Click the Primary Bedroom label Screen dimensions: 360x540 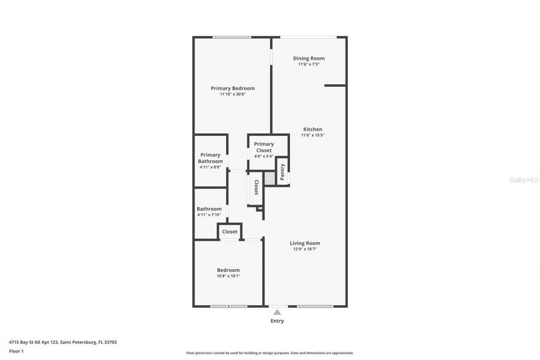(232, 88)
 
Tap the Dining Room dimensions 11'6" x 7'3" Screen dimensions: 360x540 (309, 64)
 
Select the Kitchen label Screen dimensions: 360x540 (313, 129)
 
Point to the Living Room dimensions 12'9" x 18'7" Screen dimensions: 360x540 (305, 249)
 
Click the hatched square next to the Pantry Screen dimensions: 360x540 (270, 178)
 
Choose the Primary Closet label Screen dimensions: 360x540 (264, 147)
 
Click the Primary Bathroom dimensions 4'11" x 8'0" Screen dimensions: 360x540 (210, 167)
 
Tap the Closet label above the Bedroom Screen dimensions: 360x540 (229, 232)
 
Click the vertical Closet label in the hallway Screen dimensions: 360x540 (256, 187)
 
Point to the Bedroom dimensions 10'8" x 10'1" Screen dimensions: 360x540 (228, 276)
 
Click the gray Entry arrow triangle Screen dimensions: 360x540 (277, 312)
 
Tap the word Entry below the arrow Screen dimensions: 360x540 (277, 321)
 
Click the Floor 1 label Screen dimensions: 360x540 (16, 351)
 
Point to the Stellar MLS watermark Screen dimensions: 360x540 (524, 180)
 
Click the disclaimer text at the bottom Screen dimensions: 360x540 (270, 353)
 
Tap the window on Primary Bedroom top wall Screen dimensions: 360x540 (232, 37)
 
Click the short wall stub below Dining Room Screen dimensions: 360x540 (335, 86)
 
